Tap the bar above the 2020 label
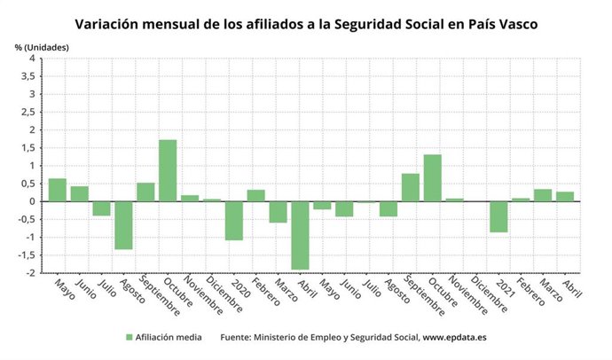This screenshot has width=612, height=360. pos(233,220)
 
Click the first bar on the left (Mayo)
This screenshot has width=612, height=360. pos(57,190)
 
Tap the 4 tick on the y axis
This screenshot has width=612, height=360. pos(32,59)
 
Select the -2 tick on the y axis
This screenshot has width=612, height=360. pos(30,273)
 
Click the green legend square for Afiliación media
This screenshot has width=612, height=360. pos(129,338)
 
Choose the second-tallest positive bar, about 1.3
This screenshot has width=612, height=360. pos(432,177)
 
